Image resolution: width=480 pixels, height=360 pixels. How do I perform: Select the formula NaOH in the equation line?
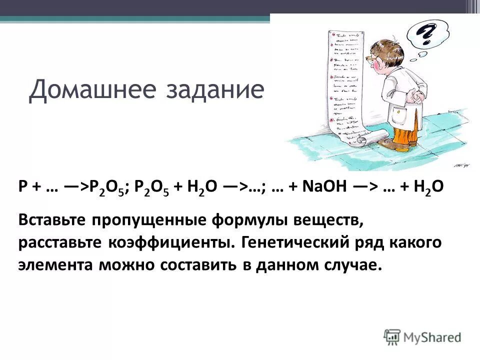[x=323, y=187]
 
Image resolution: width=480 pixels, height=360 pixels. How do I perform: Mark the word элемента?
[x=55, y=265]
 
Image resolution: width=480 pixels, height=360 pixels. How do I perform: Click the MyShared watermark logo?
[x=422, y=336]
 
